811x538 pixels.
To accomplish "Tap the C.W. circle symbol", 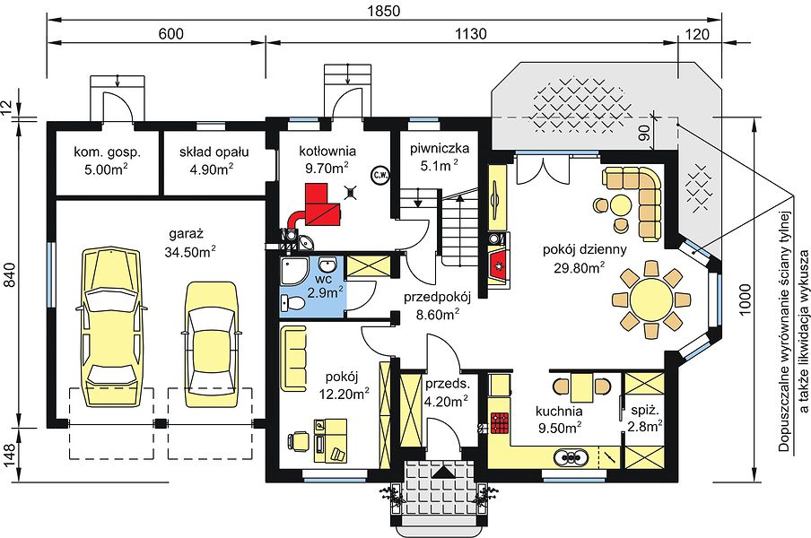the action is [379, 175].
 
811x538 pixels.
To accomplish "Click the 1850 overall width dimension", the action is [385, 11].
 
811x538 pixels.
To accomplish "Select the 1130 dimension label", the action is [471, 34].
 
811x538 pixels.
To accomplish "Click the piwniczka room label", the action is [440, 149].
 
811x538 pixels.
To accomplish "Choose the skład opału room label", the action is [214, 152].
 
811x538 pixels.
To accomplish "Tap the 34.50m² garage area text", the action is [190, 252].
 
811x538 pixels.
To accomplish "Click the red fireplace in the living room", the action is [499, 265].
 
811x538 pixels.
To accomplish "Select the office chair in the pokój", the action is [299, 442].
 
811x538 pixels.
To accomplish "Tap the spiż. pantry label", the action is [644, 412].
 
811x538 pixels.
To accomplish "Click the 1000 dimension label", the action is [745, 299].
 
